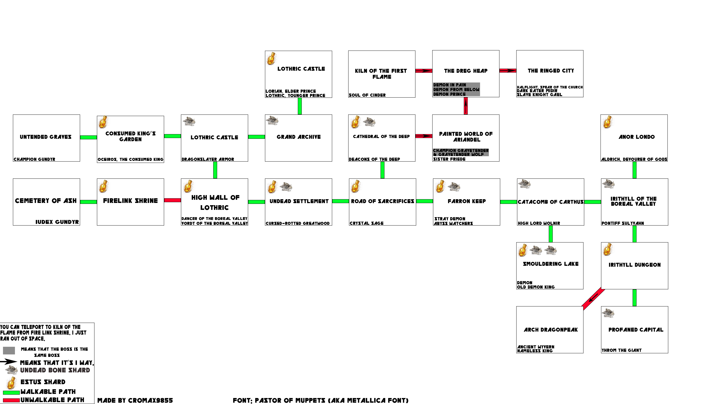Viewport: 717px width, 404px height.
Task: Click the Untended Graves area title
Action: point(46,137)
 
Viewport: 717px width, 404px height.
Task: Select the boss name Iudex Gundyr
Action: point(57,222)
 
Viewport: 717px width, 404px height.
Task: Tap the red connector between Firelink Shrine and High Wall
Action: point(172,200)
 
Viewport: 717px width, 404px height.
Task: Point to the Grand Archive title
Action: point(299,137)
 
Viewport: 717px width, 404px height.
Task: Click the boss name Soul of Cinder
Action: point(367,95)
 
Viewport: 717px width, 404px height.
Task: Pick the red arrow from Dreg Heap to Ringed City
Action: point(508,71)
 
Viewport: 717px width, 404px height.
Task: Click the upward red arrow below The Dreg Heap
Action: point(466,106)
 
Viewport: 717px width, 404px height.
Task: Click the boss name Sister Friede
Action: point(449,159)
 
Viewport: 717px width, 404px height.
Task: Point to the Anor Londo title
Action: point(637,137)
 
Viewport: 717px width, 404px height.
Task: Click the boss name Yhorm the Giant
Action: point(622,350)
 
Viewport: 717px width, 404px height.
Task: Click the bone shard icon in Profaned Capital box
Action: point(608,313)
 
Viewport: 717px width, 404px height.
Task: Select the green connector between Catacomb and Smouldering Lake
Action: point(551,234)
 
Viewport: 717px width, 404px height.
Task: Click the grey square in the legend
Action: point(9,351)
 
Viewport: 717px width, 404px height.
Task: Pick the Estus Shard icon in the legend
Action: point(11,383)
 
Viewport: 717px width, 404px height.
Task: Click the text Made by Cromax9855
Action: point(135,400)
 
